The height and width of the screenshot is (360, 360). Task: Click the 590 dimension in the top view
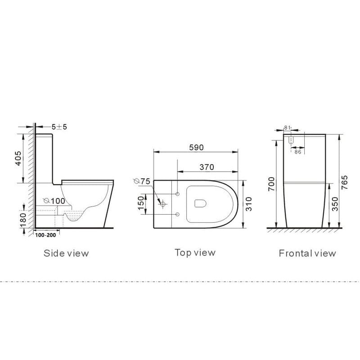click(196, 148)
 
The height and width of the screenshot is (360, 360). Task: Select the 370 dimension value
click(207, 167)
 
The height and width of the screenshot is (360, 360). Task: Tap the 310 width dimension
click(249, 204)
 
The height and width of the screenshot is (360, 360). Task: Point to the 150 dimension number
click(141, 203)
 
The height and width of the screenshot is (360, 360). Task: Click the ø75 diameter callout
click(142, 181)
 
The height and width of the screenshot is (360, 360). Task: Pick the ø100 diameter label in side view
click(54, 201)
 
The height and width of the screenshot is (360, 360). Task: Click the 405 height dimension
click(18, 158)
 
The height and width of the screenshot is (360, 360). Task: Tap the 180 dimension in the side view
click(23, 220)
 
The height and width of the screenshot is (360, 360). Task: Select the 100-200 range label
click(45, 235)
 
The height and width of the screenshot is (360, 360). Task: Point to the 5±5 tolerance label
click(59, 127)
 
